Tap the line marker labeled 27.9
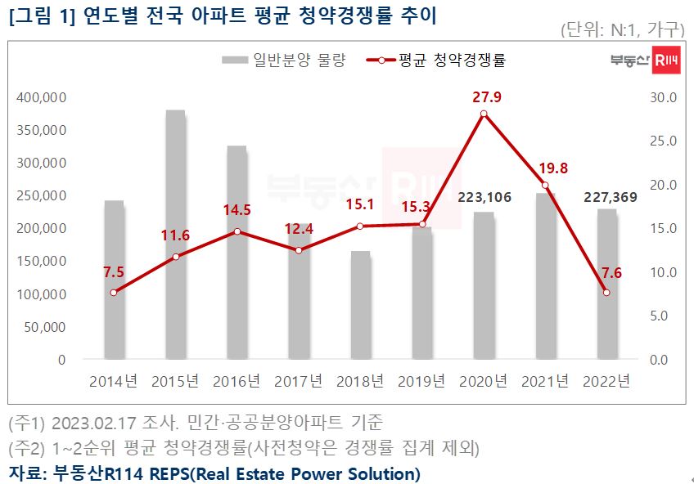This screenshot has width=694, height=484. [484, 114]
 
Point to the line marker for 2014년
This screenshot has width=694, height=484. [114, 292]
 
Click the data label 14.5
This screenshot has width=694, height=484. [237, 210]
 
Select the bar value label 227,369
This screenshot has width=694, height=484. [606, 196]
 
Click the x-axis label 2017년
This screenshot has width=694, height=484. [299, 381]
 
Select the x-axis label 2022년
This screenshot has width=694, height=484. [606, 381]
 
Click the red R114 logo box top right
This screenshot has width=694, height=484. [667, 60]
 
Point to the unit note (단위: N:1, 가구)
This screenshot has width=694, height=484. [623, 30]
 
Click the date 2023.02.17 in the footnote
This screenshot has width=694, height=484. [88, 423]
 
